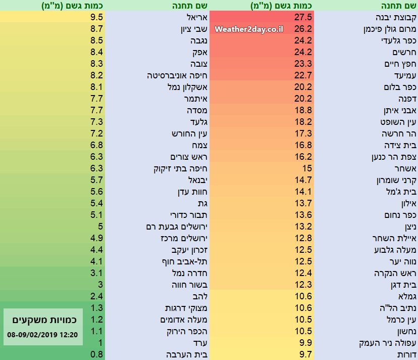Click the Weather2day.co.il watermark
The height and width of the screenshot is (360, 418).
tap(248, 29)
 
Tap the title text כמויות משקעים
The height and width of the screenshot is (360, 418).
tap(43, 320)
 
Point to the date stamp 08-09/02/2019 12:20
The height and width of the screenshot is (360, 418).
tap(43, 334)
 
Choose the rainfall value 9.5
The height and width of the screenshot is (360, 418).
tap(98, 17)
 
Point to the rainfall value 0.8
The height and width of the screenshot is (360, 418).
tap(98, 354)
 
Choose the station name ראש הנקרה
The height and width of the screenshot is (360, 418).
tap(394, 273)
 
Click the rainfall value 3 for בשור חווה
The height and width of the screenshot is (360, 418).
tap(100, 285)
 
